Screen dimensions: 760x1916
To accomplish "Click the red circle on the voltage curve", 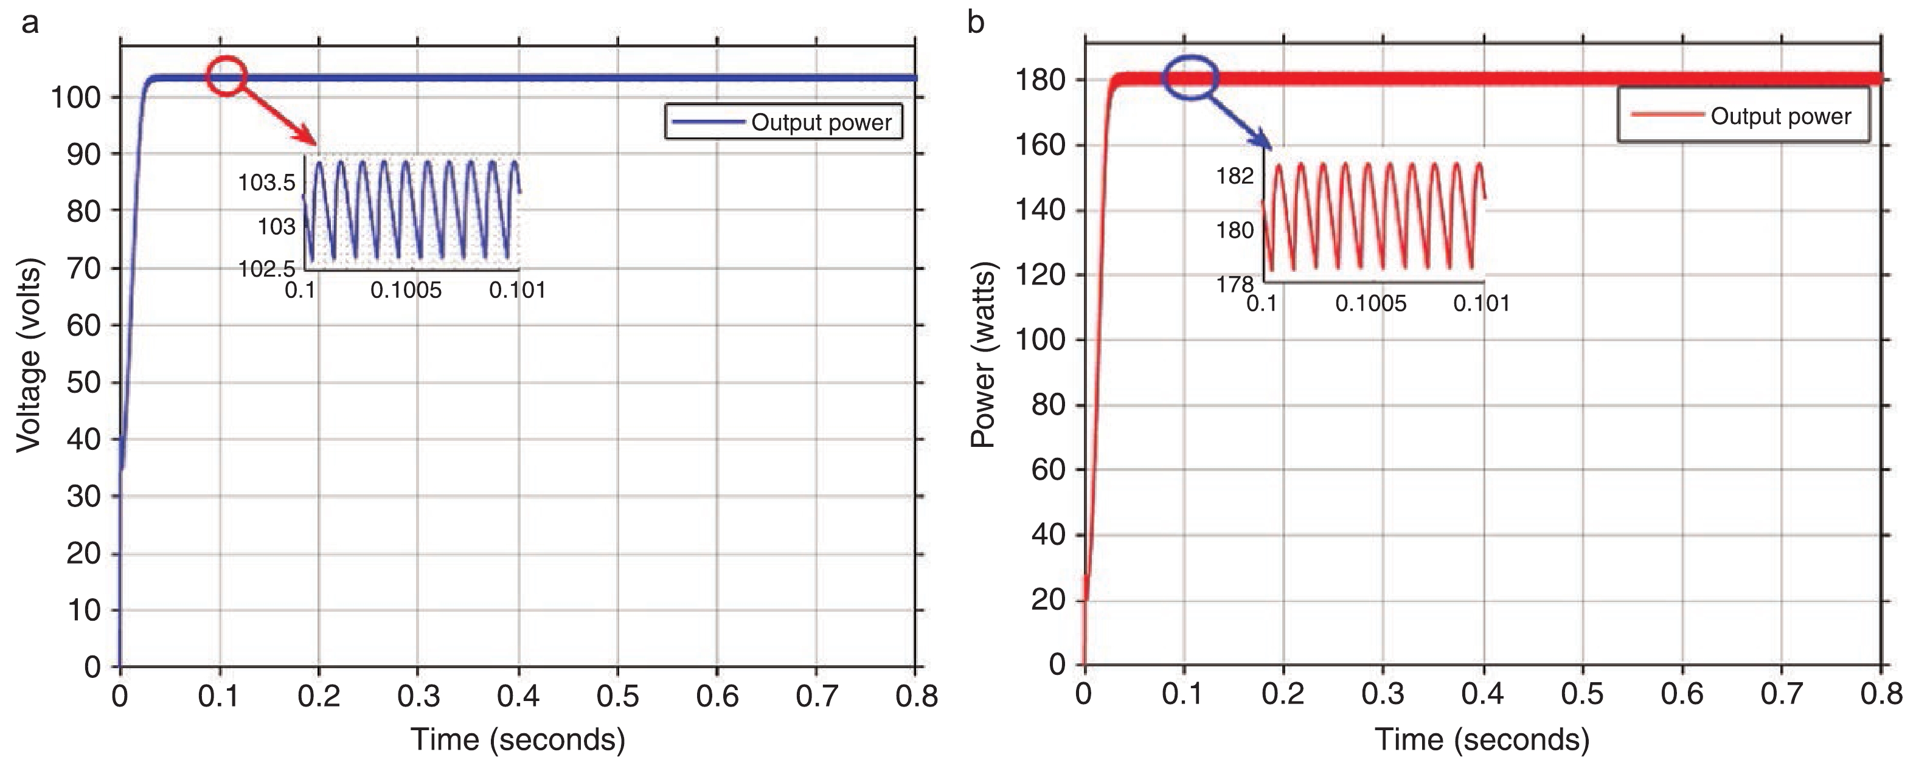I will pyautogui.click(x=226, y=76).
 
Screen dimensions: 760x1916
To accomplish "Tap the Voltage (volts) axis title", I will pyautogui.click(x=28, y=354).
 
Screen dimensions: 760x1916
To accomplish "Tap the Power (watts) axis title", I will pyautogui.click(x=984, y=354).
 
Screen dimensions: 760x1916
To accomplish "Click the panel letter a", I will pyautogui.click(x=30, y=23).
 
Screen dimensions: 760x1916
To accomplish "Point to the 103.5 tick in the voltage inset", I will pyautogui.click(x=266, y=182).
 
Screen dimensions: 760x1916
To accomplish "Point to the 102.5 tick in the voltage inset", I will pyautogui.click(x=266, y=269).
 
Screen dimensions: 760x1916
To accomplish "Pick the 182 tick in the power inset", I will pyautogui.click(x=1235, y=176).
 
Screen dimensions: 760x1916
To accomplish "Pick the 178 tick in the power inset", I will pyautogui.click(x=1235, y=284).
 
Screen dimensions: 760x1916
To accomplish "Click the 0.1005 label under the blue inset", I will pyautogui.click(x=406, y=290).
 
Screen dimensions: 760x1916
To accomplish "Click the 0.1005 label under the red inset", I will pyautogui.click(x=1371, y=303).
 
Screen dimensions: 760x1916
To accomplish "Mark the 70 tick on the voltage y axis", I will pyautogui.click(x=83, y=269).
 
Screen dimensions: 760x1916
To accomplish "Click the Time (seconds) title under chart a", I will pyautogui.click(x=518, y=739).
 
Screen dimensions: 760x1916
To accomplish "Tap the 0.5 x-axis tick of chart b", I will pyautogui.click(x=1582, y=694).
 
